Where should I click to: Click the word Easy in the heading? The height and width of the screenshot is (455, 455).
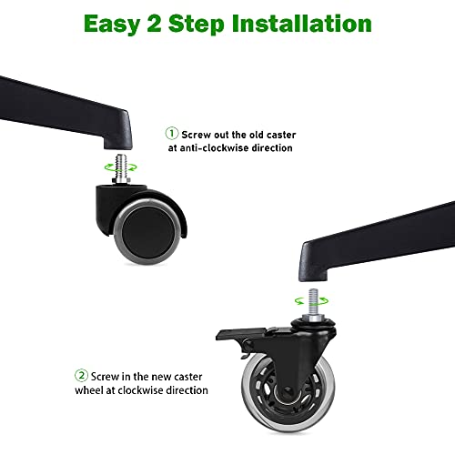(112, 25)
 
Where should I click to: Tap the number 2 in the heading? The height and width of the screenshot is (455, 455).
(155, 24)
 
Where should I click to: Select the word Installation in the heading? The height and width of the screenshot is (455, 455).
(302, 23)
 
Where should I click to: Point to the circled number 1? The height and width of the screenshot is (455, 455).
(172, 134)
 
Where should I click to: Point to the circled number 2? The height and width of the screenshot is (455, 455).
(81, 376)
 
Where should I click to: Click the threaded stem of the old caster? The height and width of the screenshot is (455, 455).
(122, 167)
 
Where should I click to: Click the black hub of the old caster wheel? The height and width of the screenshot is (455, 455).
(147, 231)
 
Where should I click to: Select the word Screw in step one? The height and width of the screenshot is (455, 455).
(197, 135)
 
